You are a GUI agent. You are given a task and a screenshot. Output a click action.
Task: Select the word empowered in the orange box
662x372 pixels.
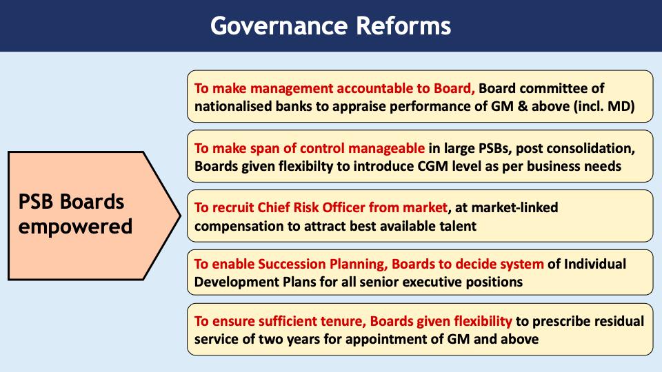(x=75, y=226)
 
